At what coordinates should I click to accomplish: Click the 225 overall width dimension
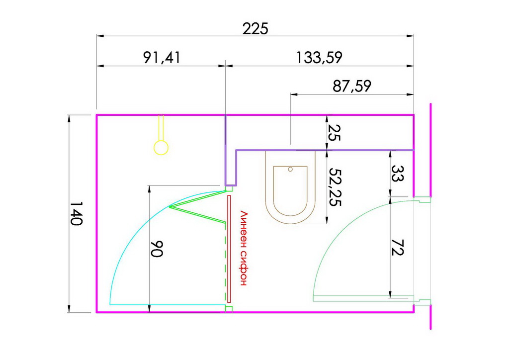pyautogui.click(x=255, y=28)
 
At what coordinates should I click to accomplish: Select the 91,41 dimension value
pyautogui.click(x=162, y=58)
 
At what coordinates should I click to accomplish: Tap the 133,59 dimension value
pyautogui.click(x=319, y=58)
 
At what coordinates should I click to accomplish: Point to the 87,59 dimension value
pyautogui.click(x=352, y=86)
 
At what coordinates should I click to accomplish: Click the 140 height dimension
pyautogui.click(x=77, y=213)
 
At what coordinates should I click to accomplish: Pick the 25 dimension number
pyautogui.click(x=335, y=132)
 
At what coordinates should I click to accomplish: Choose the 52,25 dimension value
pyautogui.click(x=335, y=187)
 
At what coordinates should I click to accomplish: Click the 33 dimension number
pyautogui.click(x=397, y=174)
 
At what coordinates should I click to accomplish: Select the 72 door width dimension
pyautogui.click(x=397, y=248)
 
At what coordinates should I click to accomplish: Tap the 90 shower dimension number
pyautogui.click(x=157, y=249)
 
